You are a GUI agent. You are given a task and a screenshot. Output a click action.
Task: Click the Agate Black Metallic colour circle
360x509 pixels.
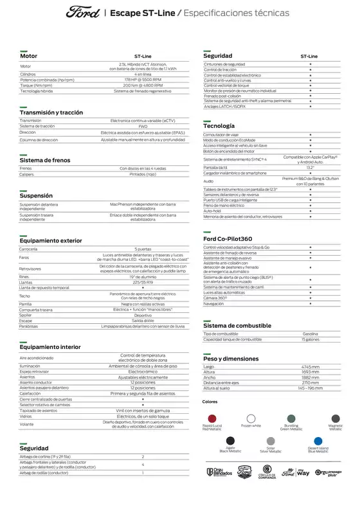coord(230,440)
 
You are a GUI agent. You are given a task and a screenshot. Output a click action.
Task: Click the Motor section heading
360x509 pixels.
coord(29,57)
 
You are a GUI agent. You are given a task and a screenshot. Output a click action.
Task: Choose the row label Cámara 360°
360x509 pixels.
coord(216,298)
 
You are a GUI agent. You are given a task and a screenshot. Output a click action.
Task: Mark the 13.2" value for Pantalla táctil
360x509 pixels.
coord(310,166)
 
